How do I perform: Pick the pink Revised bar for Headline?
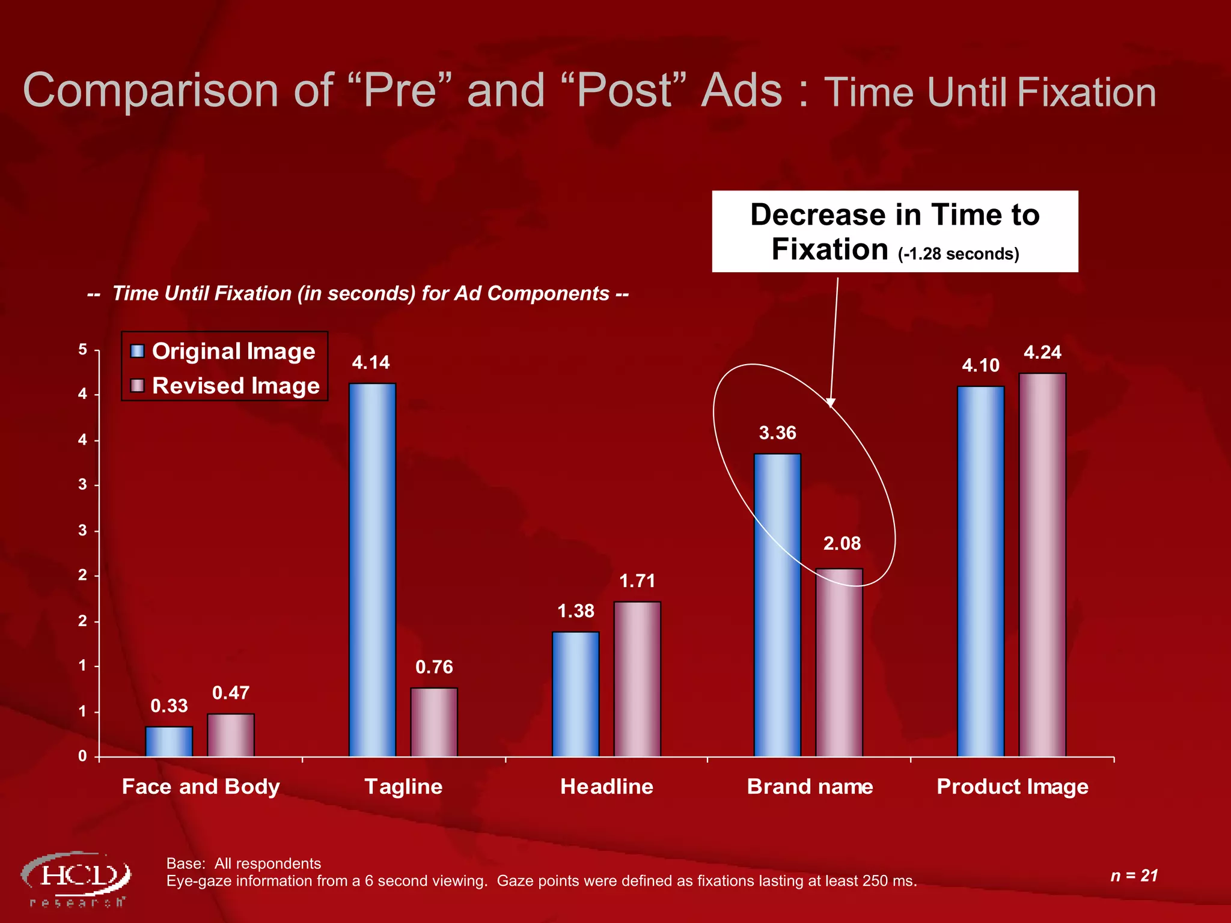pos(637,678)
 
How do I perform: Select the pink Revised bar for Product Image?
pos(1042,564)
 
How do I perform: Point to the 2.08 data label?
pos(842,543)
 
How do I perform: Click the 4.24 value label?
pos(1042,352)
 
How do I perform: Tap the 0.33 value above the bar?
pos(169,705)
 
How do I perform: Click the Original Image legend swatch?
pos(138,351)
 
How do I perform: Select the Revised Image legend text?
pos(236,386)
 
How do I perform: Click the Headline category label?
pos(606,786)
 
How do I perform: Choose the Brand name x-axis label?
pos(810,786)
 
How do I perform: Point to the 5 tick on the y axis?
pos(83,350)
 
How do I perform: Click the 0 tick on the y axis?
pos(83,756)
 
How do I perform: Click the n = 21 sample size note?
pos(1134,876)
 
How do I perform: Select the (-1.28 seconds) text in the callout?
pos(958,254)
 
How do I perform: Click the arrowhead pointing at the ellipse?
pos(831,402)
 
